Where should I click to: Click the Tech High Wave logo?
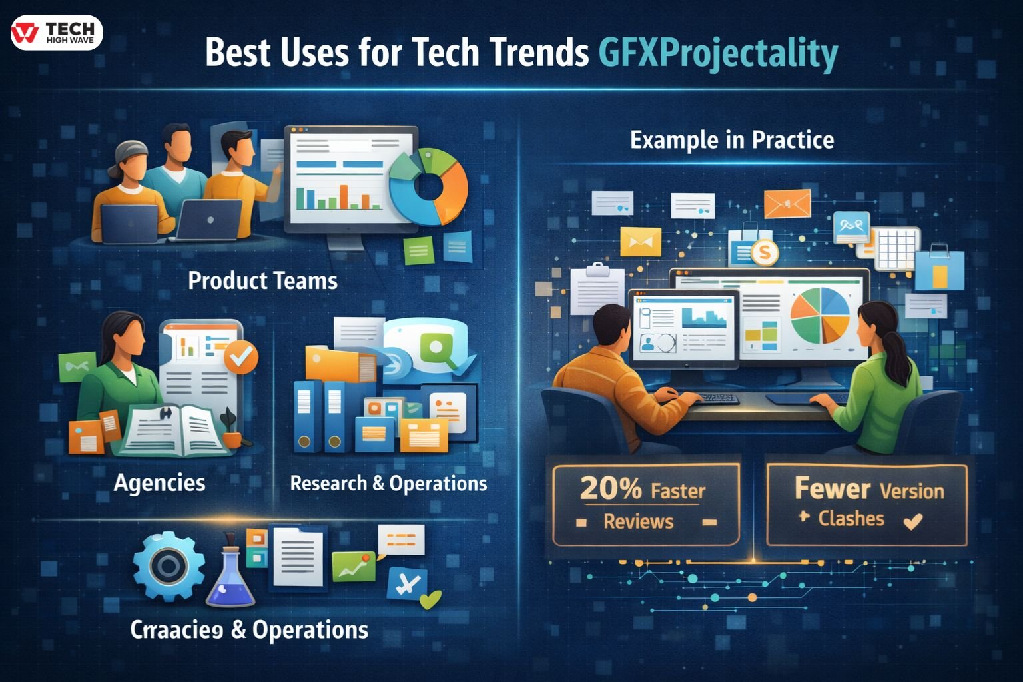(57, 33)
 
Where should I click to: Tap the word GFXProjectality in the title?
(718, 53)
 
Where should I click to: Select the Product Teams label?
(262, 280)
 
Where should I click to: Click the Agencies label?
(159, 482)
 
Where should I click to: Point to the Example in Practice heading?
(731, 140)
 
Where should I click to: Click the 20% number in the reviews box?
(610, 489)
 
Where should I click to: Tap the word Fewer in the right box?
(832, 489)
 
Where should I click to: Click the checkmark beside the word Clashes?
(913, 521)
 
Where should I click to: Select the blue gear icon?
(168, 567)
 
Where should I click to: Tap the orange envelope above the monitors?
(787, 204)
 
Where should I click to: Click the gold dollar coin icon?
(764, 252)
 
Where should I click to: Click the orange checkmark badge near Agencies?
(240, 357)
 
